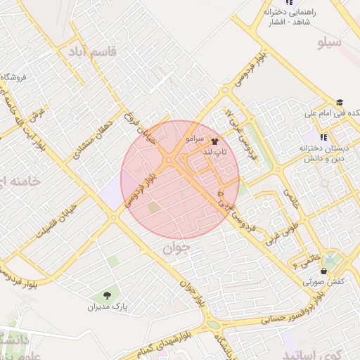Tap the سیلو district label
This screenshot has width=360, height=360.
click(329, 43)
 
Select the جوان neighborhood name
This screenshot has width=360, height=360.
click(176, 247)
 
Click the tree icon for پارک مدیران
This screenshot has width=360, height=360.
click(107, 295)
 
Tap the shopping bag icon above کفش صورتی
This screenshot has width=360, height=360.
click(323, 271)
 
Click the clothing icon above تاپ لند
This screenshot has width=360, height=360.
click(214, 141)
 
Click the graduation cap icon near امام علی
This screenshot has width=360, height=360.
click(340, 102)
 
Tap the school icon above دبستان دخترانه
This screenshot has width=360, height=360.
click(323, 137)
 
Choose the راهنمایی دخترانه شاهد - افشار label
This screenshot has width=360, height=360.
click(290, 18)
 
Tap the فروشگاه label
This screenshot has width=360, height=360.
click(14, 77)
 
